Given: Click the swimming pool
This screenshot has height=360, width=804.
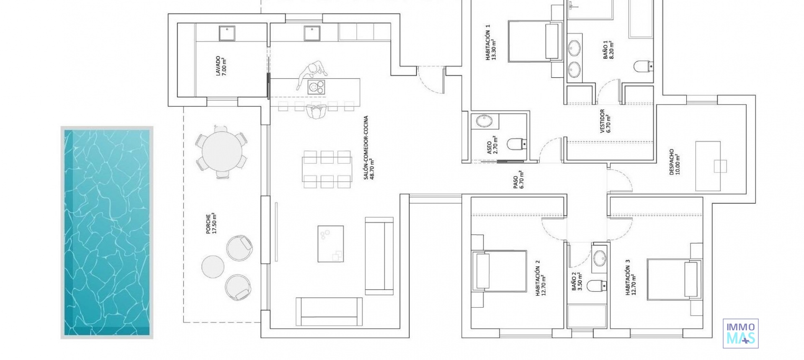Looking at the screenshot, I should click(x=107, y=232).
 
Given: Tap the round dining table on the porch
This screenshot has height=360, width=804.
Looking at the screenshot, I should click(x=222, y=150).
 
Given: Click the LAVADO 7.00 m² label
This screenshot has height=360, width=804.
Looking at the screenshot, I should click(x=220, y=66).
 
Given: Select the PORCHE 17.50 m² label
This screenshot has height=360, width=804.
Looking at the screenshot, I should click(x=211, y=223).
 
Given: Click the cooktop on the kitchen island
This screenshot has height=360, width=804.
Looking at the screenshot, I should click(x=316, y=87).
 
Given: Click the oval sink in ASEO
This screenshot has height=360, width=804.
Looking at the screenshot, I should click(x=485, y=121).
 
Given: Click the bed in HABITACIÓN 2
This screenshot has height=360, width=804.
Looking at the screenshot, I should click(x=499, y=271).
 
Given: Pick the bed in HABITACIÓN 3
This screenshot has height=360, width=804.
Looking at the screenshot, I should click(x=673, y=279).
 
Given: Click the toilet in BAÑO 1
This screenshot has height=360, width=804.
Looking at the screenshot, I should click(x=642, y=66).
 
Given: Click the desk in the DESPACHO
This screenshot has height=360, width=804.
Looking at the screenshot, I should click(x=708, y=166).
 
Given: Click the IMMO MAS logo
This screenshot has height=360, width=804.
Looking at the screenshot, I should click(x=740, y=333).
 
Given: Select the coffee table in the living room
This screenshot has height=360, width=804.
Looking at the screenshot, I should click(x=330, y=244).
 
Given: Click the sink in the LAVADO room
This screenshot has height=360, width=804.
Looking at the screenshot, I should click(x=227, y=33).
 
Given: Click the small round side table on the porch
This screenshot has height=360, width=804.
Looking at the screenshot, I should click(x=213, y=266).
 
